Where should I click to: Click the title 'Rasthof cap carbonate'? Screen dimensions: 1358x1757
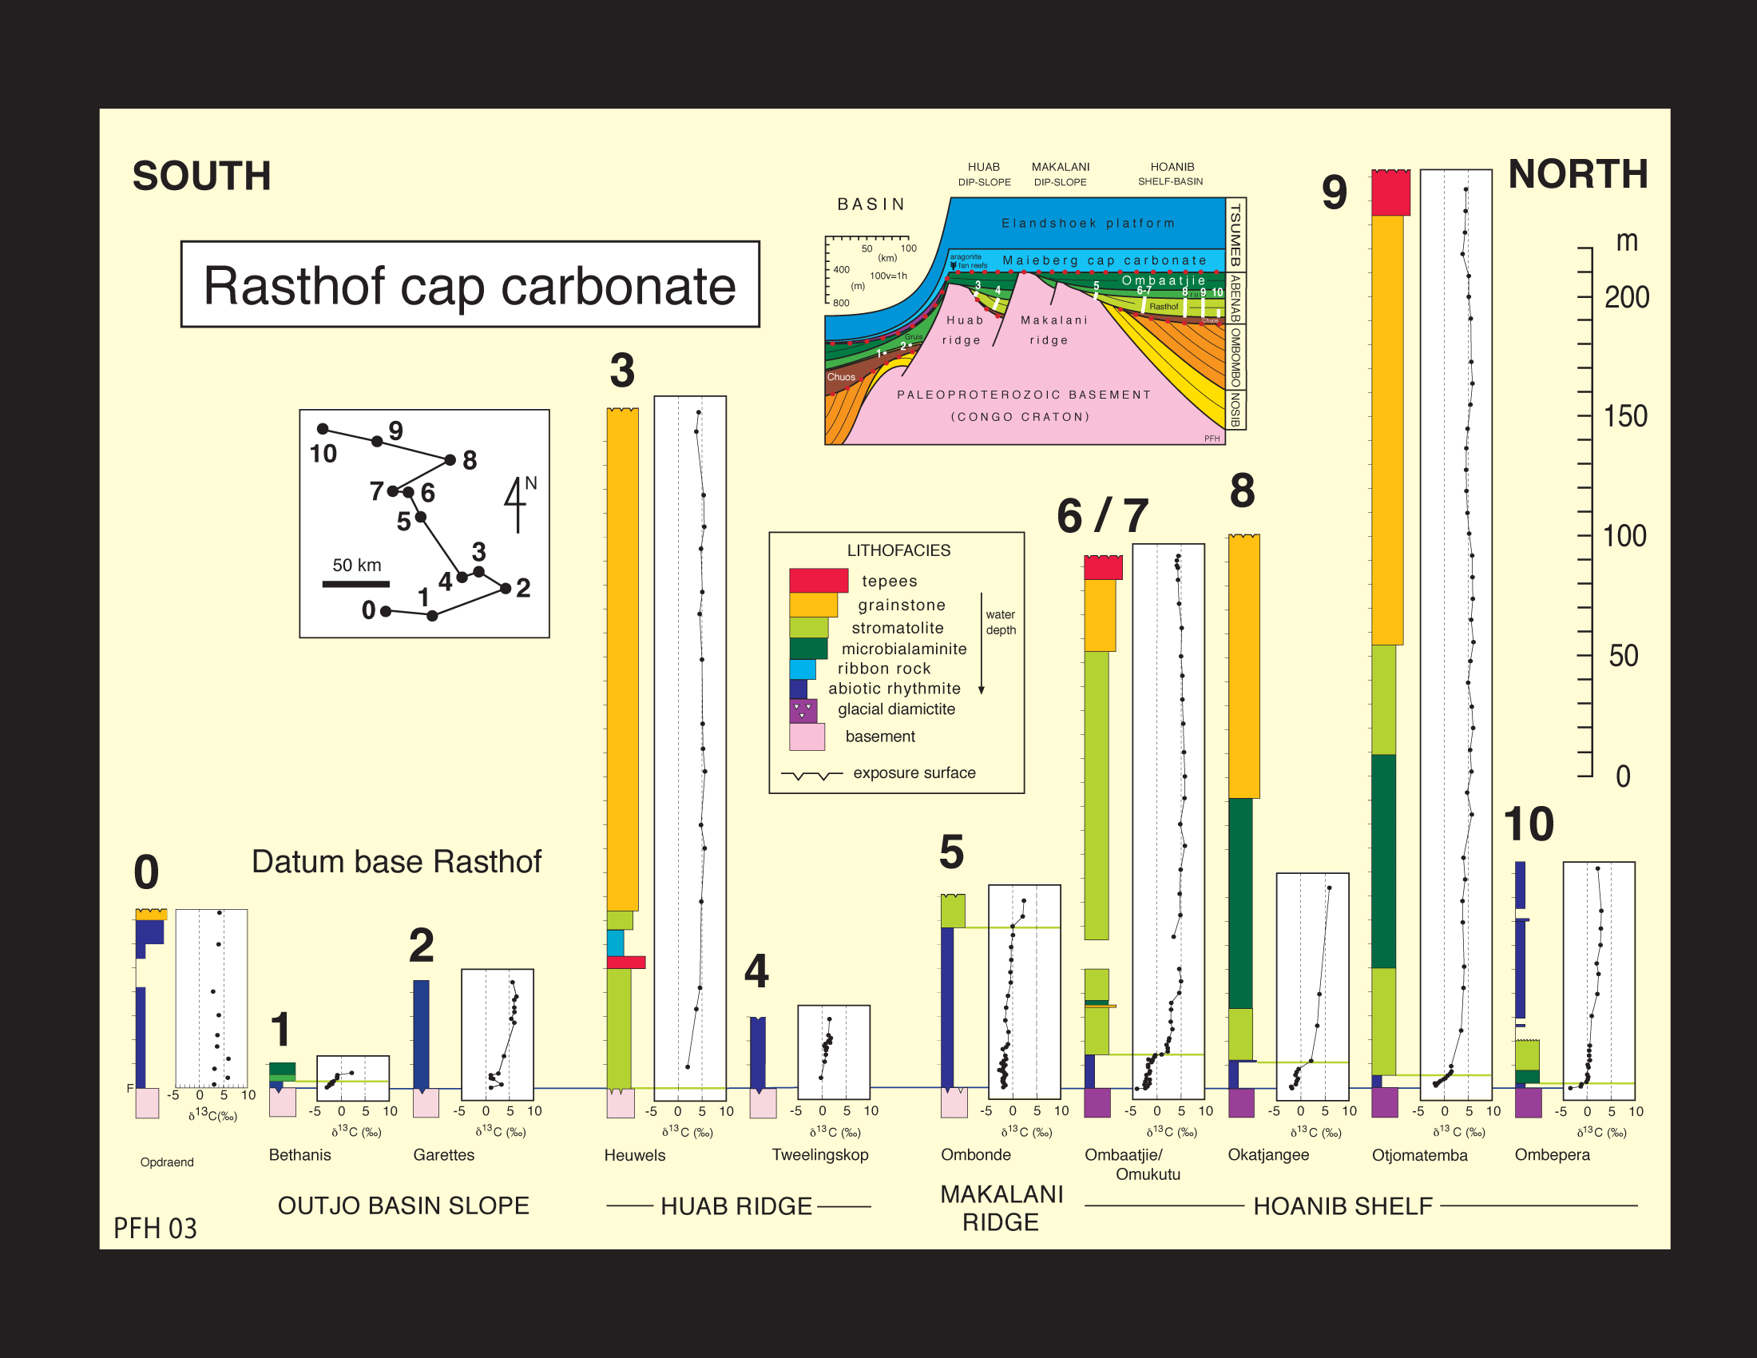pos(470,285)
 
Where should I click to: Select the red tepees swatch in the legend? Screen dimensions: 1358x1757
pos(818,580)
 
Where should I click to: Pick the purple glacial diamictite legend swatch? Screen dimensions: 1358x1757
pos(803,710)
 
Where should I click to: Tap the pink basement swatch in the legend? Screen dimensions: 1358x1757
pos(807,737)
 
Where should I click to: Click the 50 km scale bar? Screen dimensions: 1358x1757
pos(355,584)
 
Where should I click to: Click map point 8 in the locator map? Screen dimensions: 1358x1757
pos(450,460)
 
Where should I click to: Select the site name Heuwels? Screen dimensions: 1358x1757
pos(635,1155)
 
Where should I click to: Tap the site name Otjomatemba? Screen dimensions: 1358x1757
pos(1419,1155)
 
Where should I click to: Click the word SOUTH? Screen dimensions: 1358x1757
pos(201,177)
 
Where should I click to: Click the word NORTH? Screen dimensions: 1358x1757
pos(1577,175)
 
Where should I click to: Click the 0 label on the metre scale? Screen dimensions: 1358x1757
pos(1623,776)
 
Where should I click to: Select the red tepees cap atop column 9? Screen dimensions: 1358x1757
pos(1390,193)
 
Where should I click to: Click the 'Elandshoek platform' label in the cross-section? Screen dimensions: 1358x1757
pos(1088,223)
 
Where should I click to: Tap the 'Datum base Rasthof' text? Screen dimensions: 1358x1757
pos(397,862)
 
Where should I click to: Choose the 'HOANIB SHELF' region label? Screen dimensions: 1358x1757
pos(1343,1206)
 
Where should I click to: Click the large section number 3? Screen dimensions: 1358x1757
pos(622,371)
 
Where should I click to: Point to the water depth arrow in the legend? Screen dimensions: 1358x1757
pos(982,644)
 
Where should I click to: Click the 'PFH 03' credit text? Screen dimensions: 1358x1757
pos(155,1229)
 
